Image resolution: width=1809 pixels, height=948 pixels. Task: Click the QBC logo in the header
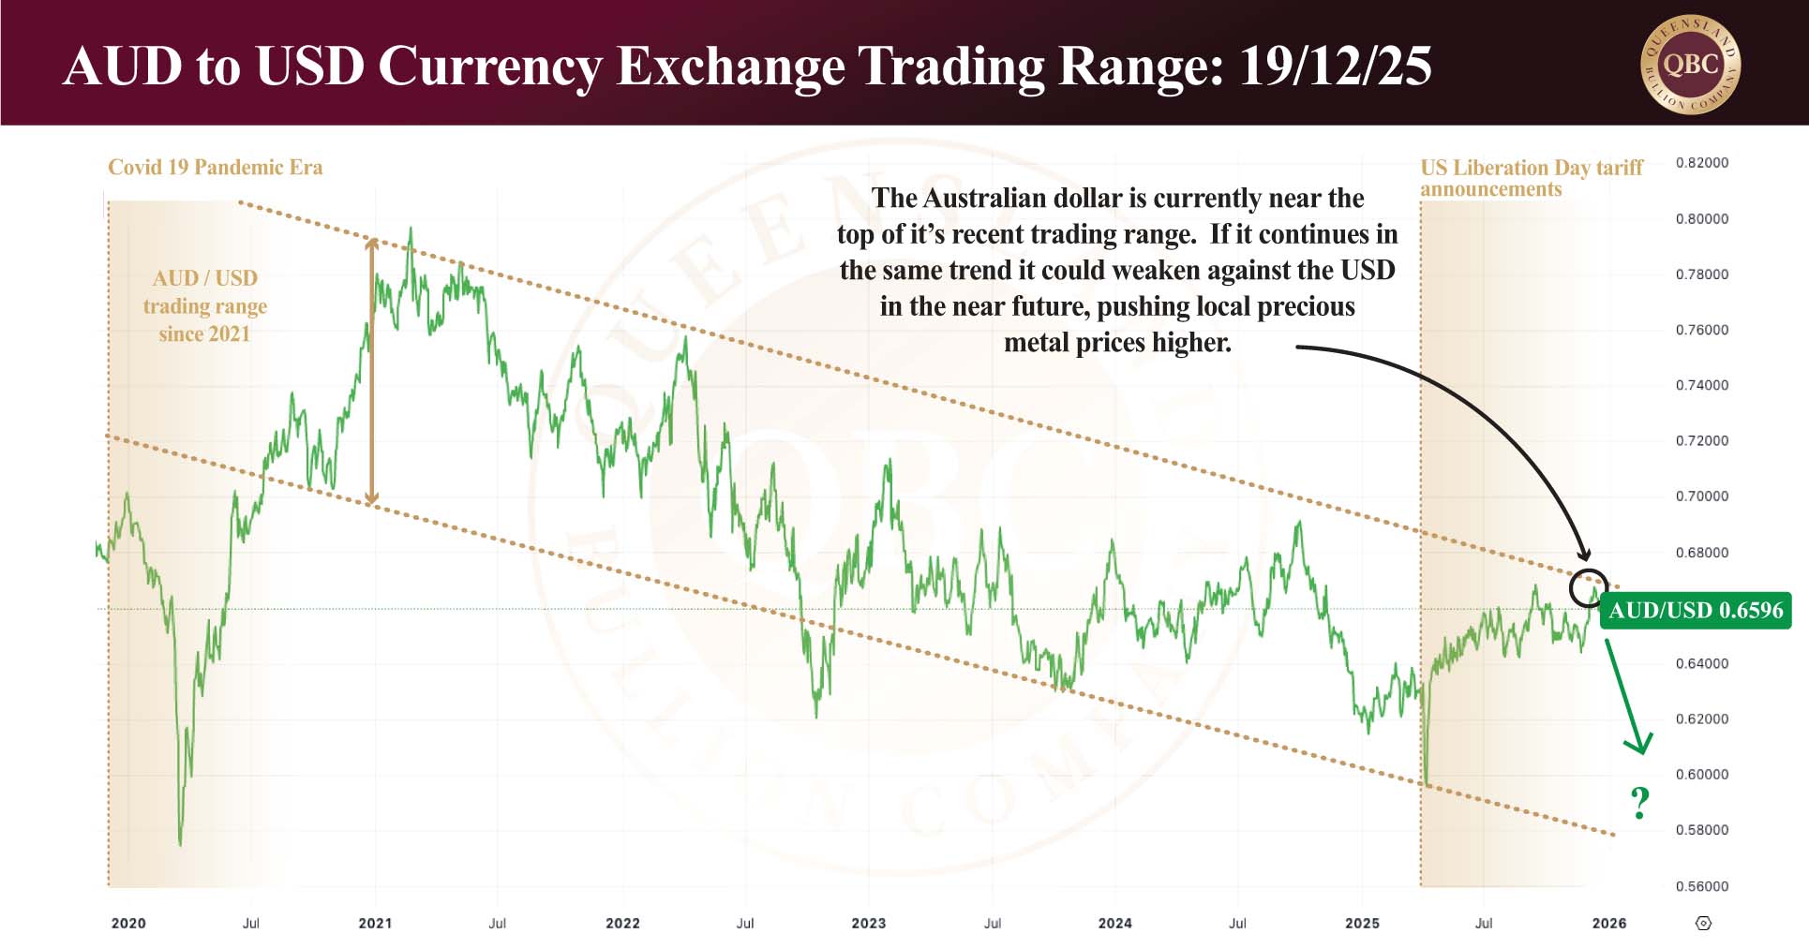(1690, 64)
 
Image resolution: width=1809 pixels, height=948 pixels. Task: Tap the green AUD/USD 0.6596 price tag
(1696, 610)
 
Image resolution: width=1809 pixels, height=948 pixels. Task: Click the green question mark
(1639, 803)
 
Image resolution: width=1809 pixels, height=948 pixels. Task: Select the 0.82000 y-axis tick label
(1701, 163)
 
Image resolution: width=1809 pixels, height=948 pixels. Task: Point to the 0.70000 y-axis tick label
(1701, 496)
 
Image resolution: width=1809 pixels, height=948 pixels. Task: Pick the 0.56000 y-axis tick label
(1701, 886)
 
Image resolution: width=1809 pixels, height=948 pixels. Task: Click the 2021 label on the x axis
(375, 923)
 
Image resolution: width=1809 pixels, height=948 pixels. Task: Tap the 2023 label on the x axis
(868, 923)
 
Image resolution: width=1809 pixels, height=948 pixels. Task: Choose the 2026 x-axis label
(1608, 923)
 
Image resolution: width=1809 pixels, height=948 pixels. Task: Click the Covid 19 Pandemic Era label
(215, 168)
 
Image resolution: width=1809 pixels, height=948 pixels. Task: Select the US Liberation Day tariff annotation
(1531, 178)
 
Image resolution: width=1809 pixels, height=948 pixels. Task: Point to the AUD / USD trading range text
(204, 306)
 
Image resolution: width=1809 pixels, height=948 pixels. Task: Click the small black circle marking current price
(1588, 587)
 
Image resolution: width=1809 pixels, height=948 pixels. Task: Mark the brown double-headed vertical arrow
(372, 372)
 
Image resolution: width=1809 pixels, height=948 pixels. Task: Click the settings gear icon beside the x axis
(1703, 923)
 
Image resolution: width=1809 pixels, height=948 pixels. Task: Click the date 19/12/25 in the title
(1335, 66)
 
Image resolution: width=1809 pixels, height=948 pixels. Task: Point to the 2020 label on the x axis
(128, 923)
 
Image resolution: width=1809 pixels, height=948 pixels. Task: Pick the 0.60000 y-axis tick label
(1701, 775)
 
